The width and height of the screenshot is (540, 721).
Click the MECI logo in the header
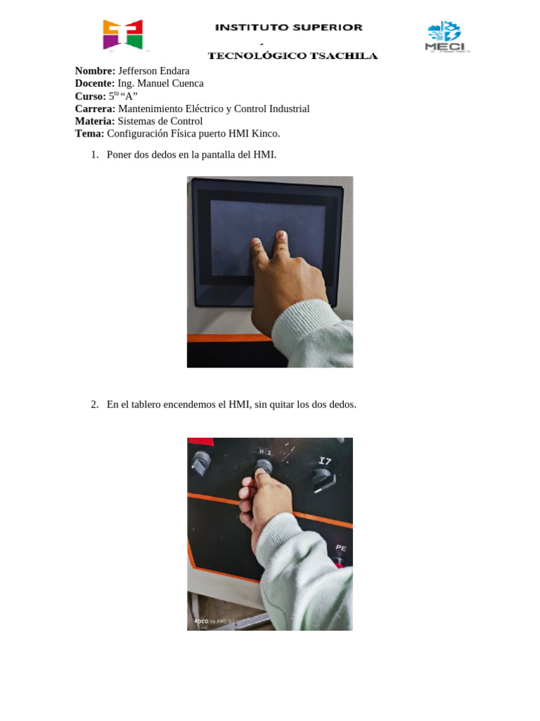point(446,37)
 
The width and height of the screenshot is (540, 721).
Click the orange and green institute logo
point(122,35)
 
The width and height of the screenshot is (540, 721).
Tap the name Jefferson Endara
point(153,71)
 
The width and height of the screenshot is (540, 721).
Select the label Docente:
point(95,84)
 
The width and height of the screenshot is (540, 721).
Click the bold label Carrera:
point(95,109)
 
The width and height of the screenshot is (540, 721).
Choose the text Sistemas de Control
point(160,121)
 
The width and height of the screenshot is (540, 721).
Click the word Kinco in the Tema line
point(265,134)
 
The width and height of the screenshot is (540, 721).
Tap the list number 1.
point(94,155)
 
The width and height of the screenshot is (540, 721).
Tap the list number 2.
point(94,405)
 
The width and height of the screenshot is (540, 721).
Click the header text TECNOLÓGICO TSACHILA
point(292,56)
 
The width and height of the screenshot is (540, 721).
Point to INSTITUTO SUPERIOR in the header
point(288,27)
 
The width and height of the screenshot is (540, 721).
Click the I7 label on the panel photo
point(324,461)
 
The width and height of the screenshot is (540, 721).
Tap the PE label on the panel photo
point(340,547)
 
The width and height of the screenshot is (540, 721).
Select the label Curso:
point(91,96)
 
